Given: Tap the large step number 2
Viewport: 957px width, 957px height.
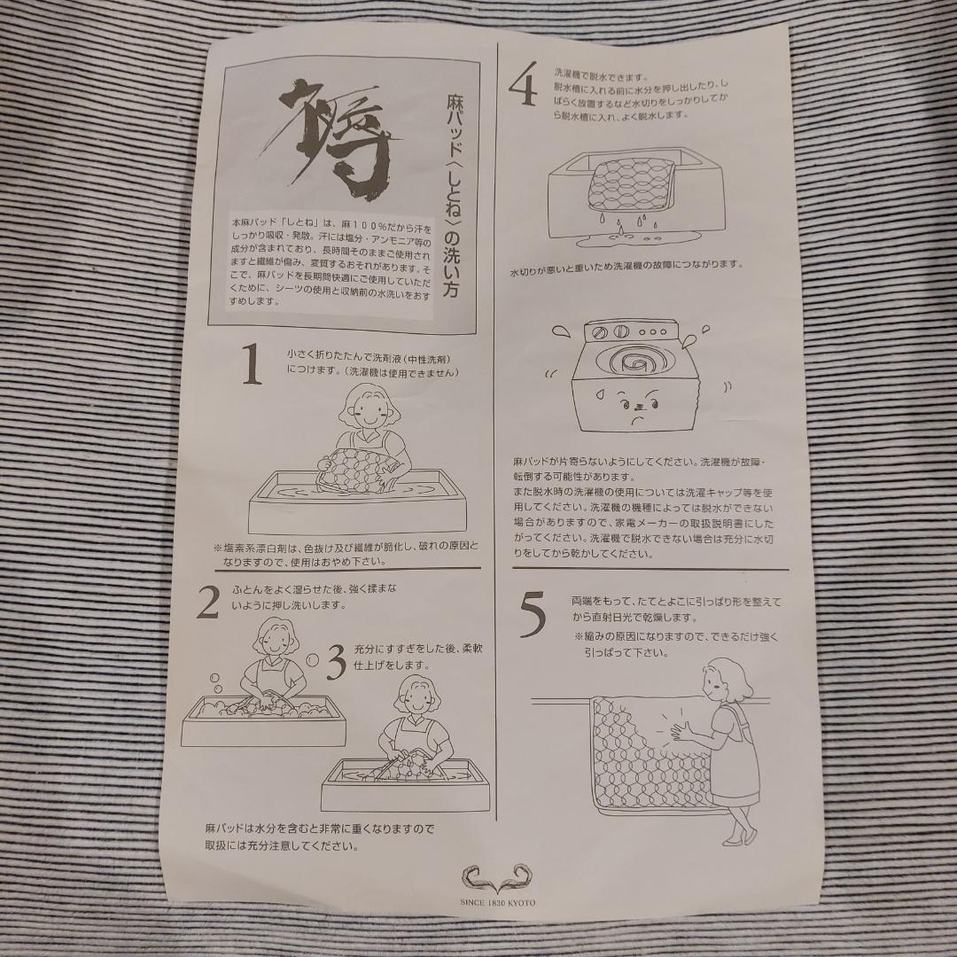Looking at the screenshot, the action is coord(208,602).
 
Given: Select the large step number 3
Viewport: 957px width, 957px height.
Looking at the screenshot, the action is coord(337,662).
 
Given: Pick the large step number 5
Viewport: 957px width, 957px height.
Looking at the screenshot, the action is coord(533,616).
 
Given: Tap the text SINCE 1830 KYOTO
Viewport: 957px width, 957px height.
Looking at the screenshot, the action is coord(497,903).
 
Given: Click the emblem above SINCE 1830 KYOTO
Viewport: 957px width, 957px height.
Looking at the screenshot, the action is coord(497,878).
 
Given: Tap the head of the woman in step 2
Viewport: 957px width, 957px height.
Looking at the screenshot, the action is coord(277,638).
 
